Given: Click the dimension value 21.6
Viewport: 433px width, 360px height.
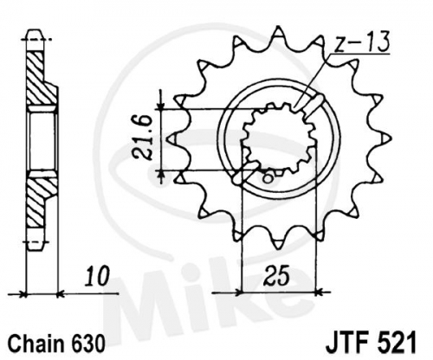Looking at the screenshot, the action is (143, 138).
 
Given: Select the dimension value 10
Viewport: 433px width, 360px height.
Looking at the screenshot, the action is (98, 276).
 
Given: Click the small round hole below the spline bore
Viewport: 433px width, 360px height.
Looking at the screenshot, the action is (268, 177).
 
